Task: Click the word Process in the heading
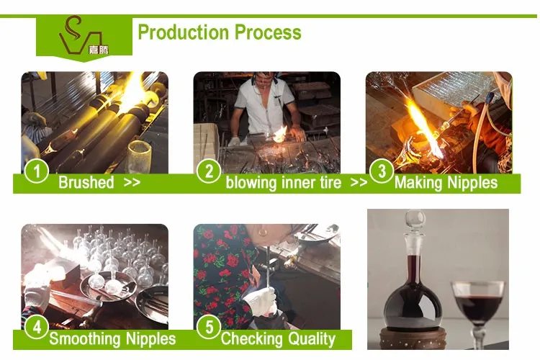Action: point(268,32)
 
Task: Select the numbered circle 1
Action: point(37,171)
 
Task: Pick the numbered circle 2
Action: point(209,171)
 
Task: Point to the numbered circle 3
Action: point(382,171)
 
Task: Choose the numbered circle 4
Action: point(37,327)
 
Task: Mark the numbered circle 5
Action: point(209,327)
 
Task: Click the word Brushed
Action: point(86,182)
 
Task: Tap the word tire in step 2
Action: point(330,182)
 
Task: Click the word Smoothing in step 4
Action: point(85,339)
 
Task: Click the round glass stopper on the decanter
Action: point(415,219)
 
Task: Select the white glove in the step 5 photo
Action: point(261,302)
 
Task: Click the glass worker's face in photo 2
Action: point(264,82)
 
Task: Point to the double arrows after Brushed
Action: point(132,182)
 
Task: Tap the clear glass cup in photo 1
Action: point(140,156)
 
